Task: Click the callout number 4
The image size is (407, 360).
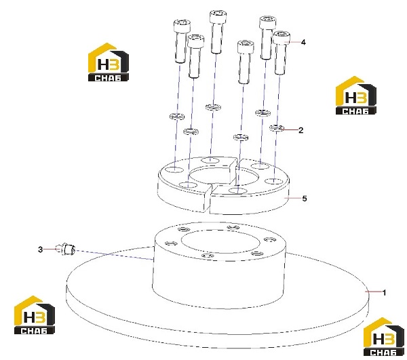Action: [303, 42]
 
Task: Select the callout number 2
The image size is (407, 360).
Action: [301, 130]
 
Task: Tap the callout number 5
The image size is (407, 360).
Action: [305, 199]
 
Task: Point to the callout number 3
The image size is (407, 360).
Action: [40, 249]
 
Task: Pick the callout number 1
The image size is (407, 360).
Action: [385, 293]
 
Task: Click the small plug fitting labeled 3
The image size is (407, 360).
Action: [66, 249]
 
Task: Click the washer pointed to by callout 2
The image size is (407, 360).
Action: [277, 127]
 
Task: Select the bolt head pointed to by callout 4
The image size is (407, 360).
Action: [282, 37]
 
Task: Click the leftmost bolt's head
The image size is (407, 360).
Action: [182, 26]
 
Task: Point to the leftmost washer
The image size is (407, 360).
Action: [177, 117]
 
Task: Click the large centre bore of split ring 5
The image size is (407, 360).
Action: [224, 176]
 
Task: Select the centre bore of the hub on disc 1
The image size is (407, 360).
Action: [220, 241]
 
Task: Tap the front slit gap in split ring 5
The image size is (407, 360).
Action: [210, 199]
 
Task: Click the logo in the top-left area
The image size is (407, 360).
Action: [109, 62]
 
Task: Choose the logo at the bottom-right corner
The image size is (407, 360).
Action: [383, 336]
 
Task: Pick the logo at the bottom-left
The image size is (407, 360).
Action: [35, 315]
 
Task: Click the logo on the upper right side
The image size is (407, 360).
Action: [356, 96]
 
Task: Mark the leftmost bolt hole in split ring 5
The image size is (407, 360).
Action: [174, 170]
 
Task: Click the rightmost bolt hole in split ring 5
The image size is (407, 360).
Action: [274, 181]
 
